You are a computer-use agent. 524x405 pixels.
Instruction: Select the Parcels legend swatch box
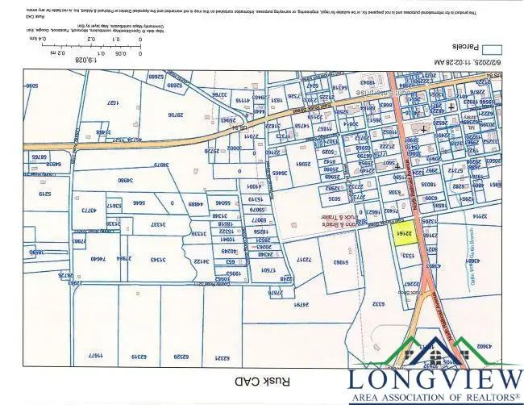497,48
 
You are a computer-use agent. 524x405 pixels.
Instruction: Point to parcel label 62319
139,355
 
